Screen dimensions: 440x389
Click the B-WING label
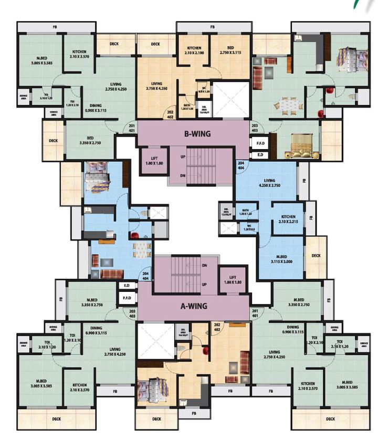197,134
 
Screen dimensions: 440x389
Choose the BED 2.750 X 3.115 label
230,50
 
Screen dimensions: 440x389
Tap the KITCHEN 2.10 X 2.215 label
288,219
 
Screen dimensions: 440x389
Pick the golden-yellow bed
302,149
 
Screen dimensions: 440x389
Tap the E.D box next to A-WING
127,286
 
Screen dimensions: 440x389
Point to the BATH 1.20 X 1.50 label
187,107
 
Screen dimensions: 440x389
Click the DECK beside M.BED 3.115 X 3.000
316,256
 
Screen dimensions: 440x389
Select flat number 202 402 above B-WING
170,114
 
